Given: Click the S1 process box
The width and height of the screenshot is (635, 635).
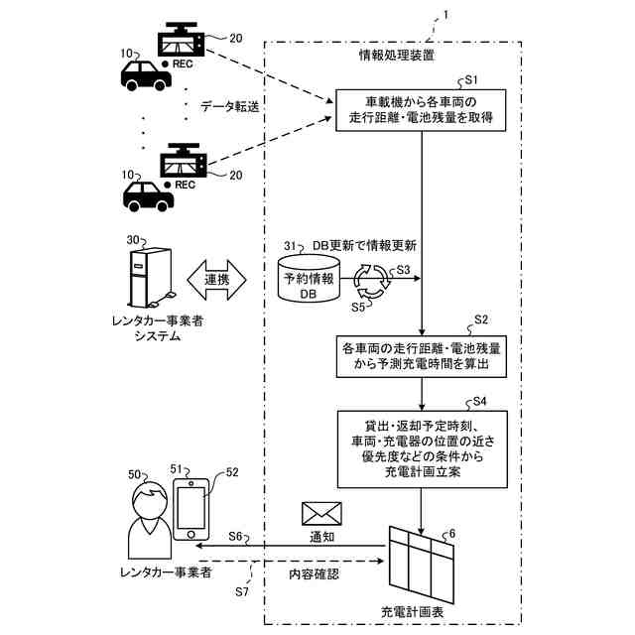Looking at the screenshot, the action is pyautogui.click(x=421, y=110).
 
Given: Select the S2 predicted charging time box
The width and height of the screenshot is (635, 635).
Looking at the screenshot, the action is pyautogui.click(x=421, y=356).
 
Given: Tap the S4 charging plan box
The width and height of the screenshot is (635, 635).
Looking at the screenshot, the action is pyautogui.click(x=423, y=449).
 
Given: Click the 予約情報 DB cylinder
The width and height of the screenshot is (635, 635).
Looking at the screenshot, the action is pyautogui.click(x=309, y=279).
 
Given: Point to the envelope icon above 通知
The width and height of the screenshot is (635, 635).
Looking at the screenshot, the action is pyautogui.click(x=321, y=514).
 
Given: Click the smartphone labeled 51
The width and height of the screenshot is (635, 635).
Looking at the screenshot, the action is pyautogui.click(x=191, y=509).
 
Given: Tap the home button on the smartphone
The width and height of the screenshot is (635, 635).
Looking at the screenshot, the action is pyautogui.click(x=191, y=535).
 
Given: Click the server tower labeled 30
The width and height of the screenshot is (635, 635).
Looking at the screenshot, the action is pyautogui.click(x=150, y=278).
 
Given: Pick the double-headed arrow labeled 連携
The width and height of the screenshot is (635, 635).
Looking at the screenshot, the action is pyautogui.click(x=216, y=280).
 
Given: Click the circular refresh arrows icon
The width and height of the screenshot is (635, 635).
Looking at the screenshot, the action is pyautogui.click(x=373, y=282).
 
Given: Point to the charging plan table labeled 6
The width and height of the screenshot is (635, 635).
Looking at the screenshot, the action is pyautogui.click(x=421, y=565).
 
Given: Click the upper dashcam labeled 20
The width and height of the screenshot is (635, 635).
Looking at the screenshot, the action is pyautogui.click(x=182, y=39).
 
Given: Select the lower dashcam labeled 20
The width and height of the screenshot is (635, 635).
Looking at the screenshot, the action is pyautogui.click(x=184, y=160).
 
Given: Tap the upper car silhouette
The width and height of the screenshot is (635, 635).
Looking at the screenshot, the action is pyautogui.click(x=146, y=75).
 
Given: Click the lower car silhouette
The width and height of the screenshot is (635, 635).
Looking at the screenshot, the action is pyautogui.click(x=149, y=196).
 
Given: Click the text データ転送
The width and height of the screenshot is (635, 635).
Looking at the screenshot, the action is pyautogui.click(x=229, y=106).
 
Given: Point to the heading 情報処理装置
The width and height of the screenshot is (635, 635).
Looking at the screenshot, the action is pyautogui.click(x=397, y=55).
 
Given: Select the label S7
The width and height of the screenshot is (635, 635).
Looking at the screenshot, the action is pyautogui.click(x=242, y=591).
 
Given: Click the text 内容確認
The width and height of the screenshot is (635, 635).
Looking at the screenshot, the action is pyautogui.click(x=314, y=573).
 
